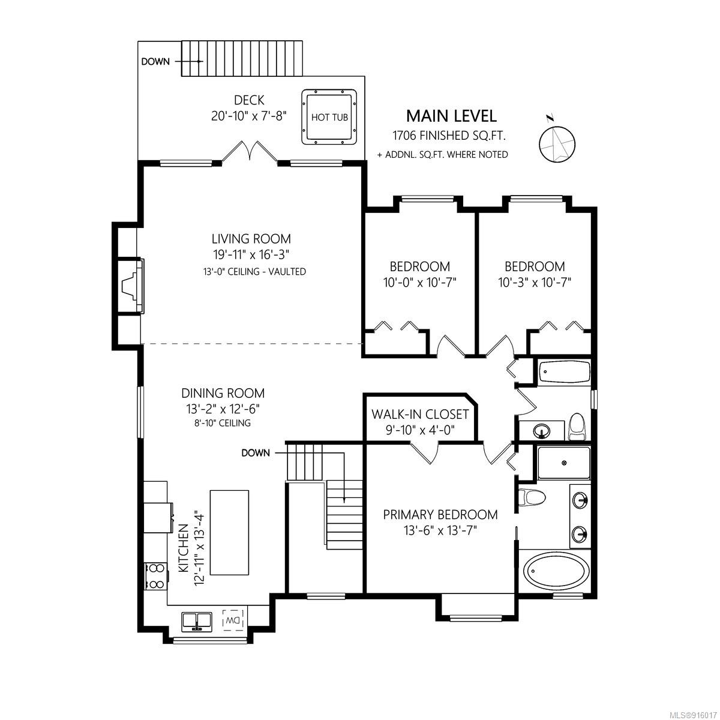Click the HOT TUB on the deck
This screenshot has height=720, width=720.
[329, 117]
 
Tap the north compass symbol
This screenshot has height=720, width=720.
[557, 143]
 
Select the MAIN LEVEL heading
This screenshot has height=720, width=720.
[451, 116]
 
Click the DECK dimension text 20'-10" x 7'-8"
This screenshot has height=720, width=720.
[249, 116]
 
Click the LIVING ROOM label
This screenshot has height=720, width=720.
[251, 239]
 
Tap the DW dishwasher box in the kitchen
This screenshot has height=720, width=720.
[233, 620]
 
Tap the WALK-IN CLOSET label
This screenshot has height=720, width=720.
[420, 414]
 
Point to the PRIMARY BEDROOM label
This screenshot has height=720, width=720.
[440, 514]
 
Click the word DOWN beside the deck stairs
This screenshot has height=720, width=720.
[155, 62]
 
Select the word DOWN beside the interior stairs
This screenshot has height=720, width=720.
[256, 453]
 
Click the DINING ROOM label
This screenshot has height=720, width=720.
[223, 393]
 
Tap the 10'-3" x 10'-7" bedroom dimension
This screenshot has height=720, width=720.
[535, 283]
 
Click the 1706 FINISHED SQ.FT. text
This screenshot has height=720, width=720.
[449, 136]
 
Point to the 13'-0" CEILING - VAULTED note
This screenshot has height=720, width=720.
[254, 272]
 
